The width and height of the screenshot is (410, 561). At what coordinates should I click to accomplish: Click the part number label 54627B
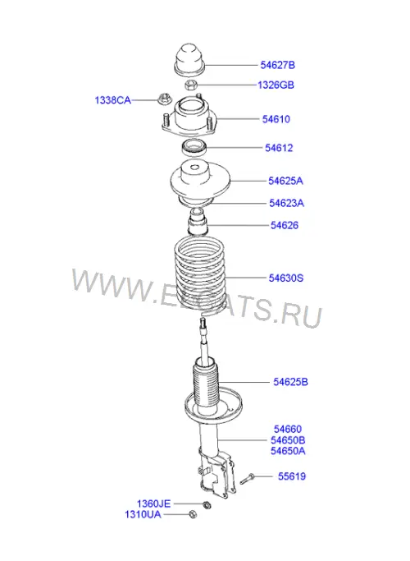[277, 65]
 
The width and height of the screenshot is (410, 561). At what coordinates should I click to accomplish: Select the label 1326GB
[276, 85]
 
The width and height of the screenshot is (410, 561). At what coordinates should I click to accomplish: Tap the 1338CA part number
[112, 100]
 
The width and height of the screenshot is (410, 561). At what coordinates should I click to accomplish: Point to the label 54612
[279, 148]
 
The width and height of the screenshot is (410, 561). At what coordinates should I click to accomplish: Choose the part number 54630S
[285, 278]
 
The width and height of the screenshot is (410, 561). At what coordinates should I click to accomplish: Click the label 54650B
[288, 440]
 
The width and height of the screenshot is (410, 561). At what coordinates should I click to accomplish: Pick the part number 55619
[292, 476]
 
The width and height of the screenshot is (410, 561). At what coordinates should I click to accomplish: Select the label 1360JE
[153, 504]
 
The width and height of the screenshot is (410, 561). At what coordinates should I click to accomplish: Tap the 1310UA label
[143, 514]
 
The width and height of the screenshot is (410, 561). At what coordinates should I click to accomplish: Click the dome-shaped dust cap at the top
[189, 60]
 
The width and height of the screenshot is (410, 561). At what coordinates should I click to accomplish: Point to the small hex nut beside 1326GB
[191, 85]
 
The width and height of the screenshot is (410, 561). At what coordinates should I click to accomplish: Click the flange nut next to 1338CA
[163, 99]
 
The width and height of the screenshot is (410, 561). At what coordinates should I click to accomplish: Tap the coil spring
[199, 275]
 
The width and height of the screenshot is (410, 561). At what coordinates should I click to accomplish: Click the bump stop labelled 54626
[198, 223]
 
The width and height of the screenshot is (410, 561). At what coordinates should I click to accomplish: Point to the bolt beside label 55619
[246, 479]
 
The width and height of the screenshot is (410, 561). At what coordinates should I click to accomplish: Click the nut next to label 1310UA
[193, 514]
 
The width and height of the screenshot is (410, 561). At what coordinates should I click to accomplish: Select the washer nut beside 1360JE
[206, 504]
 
